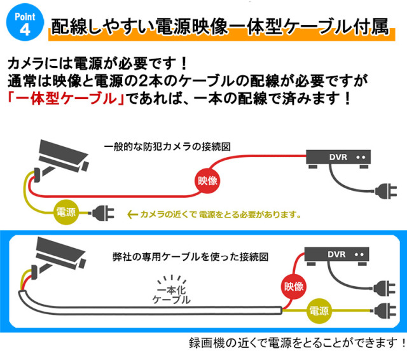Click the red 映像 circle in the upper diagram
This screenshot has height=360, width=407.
click(x=207, y=181)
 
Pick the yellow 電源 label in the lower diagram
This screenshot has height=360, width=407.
click(x=319, y=312)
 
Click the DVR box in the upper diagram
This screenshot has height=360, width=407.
click(x=341, y=158)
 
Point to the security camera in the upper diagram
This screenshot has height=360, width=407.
click(x=60, y=156)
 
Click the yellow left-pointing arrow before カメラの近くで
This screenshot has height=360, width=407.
click(x=133, y=214)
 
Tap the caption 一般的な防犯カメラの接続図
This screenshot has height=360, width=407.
click(x=167, y=147)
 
